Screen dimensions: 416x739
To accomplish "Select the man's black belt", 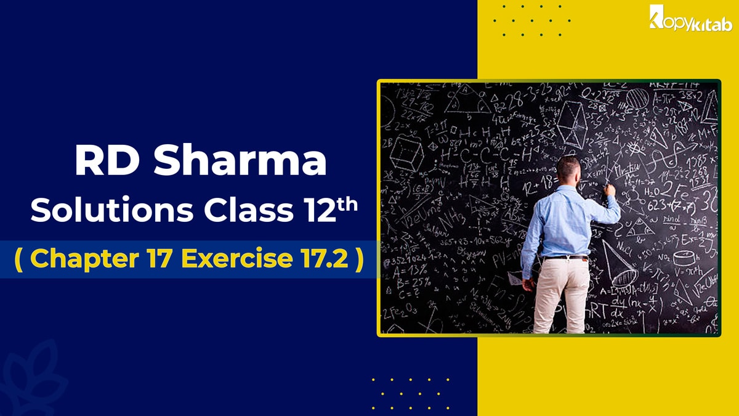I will tap(565, 256).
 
